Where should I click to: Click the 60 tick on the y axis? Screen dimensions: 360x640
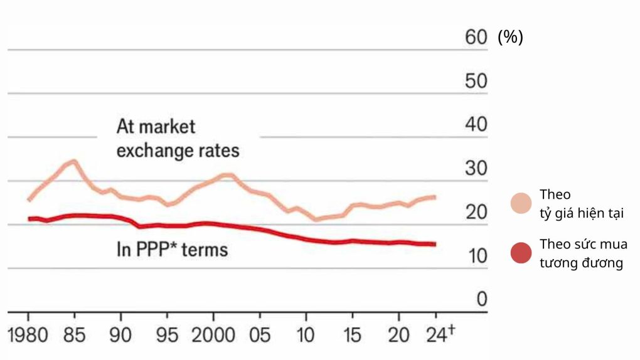pos(476,37)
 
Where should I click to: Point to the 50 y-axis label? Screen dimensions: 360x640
pos(476,81)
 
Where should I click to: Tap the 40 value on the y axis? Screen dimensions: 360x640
pos(476,124)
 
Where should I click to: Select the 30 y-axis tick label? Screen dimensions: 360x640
pos(476,168)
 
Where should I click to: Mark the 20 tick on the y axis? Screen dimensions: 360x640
pos(476,212)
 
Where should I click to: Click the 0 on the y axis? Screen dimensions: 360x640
pos(481,299)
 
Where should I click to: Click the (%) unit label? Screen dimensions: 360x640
pos(510,37)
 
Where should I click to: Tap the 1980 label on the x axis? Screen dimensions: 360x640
pos(29,335)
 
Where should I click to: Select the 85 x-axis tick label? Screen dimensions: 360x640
pos(74,335)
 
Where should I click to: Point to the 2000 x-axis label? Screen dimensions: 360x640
pos(213,335)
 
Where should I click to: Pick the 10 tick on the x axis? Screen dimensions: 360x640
pos(306,335)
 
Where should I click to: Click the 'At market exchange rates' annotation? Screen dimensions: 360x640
pos(178,139)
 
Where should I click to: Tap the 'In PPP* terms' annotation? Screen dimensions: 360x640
pos(172,250)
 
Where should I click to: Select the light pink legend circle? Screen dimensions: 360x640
pos(521,203)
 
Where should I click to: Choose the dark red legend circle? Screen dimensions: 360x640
pos(521,253)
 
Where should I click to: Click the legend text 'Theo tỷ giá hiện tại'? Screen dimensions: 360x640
pos(582,204)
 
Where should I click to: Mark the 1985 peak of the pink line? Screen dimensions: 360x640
pos(74,161)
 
